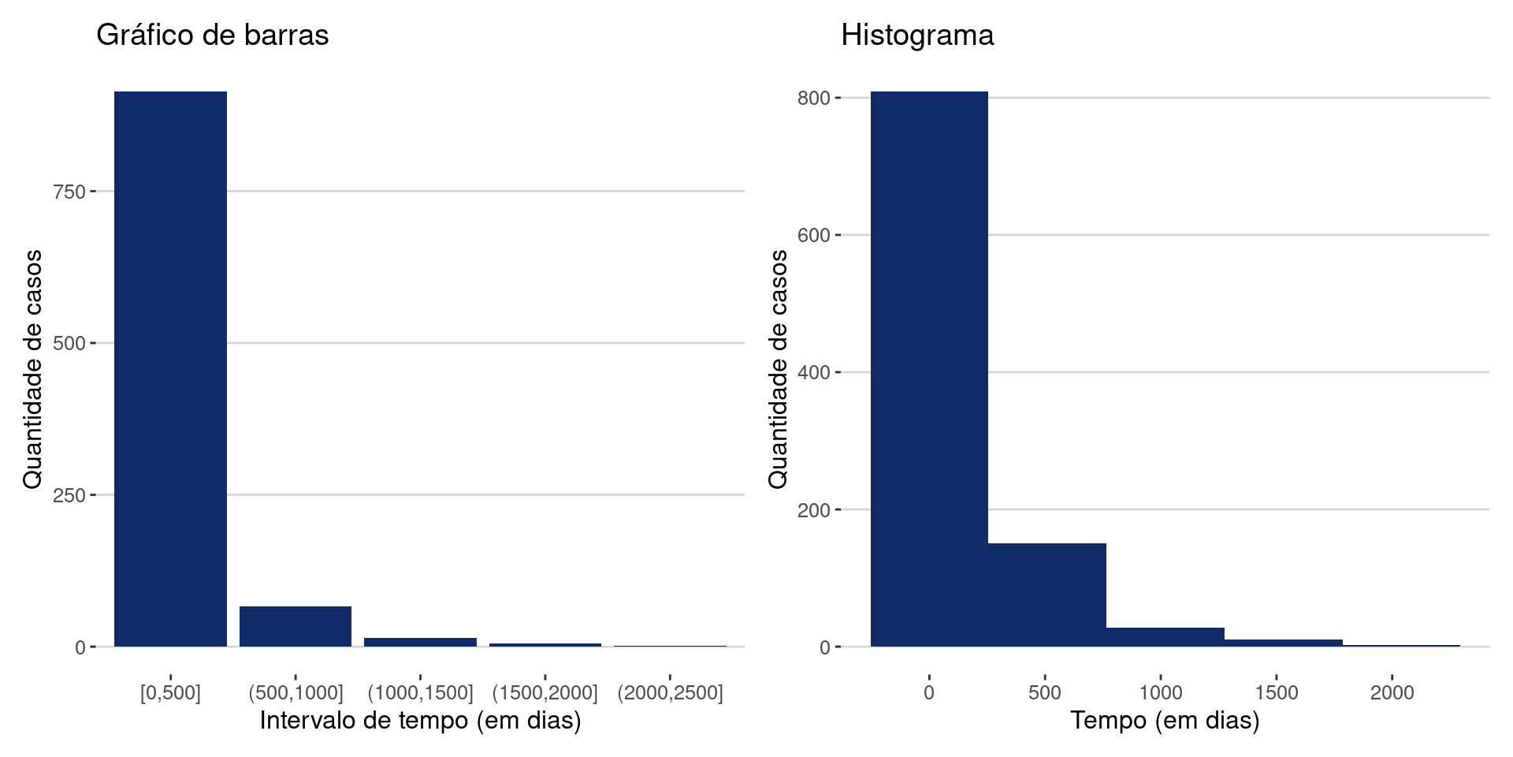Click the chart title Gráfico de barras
tap(212, 35)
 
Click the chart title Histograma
tap(917, 35)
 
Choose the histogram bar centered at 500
tap(1046, 595)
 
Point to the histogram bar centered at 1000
tap(1165, 637)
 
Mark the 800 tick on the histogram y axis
tap(815, 98)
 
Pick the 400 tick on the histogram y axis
tap(815, 372)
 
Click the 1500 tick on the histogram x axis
tap(1277, 692)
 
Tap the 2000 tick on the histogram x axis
tap(1392, 692)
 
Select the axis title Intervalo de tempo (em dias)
tap(420, 721)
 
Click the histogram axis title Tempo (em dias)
tap(1165, 721)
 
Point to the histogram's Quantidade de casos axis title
tap(778, 369)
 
